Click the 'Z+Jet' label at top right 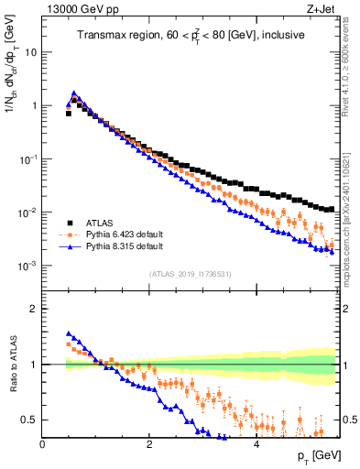pyautogui.click(x=321, y=9)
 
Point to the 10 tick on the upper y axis pyautogui.click(x=31, y=52)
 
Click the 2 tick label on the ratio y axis pyautogui.click(x=34, y=309)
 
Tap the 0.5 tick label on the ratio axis pyautogui.click(x=29, y=420)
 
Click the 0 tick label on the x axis pyautogui.click(x=42, y=442)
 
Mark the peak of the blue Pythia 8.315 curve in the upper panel pyautogui.click(x=74, y=93)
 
